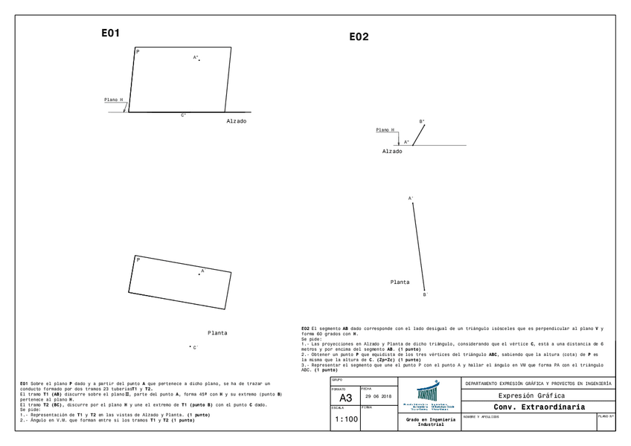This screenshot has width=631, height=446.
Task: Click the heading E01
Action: [110, 33]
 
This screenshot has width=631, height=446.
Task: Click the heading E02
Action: [359, 36]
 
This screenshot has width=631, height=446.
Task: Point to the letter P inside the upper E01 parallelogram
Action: [138, 52]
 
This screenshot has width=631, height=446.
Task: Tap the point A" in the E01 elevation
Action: [199, 59]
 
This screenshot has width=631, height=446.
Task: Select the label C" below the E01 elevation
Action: [184, 115]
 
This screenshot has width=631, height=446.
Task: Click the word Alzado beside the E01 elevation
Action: [236, 120]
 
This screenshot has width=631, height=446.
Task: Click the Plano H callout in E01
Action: [114, 99]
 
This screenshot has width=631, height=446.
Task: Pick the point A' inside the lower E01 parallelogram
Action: [199, 274]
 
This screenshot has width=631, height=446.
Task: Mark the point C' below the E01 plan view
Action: [190, 347]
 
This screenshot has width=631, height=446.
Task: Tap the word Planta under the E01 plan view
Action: [217, 333]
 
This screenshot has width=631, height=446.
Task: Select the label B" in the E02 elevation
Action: [422, 121]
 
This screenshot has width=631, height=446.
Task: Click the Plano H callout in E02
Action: [385, 129]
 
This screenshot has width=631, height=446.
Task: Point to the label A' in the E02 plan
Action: [411, 198]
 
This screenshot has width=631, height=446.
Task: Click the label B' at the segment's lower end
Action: [426, 295]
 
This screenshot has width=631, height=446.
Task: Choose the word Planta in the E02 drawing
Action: [400, 282]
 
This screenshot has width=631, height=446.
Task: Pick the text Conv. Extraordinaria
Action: [539, 407]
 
